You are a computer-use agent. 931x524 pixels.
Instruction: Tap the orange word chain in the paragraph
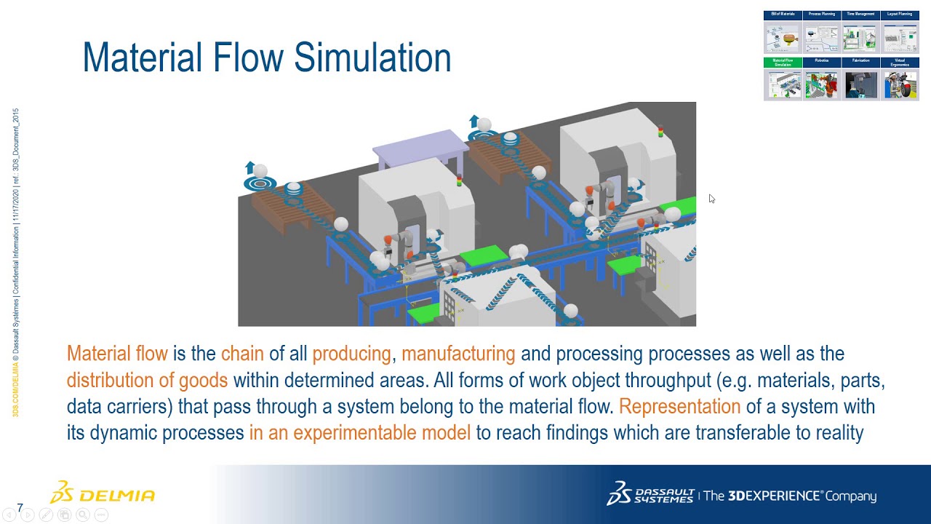point(242,354)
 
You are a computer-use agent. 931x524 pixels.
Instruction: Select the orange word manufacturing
point(458,354)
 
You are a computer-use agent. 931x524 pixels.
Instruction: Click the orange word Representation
point(679,406)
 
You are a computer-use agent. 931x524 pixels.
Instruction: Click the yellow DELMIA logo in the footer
point(103,494)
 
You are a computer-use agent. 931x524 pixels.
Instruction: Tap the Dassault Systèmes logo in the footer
point(650,494)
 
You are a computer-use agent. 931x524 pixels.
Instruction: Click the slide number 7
point(20,508)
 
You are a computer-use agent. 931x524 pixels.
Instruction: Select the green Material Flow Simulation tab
point(783,63)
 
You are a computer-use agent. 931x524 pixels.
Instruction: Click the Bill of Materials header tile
point(783,15)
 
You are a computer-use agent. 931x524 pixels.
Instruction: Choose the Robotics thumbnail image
point(822,84)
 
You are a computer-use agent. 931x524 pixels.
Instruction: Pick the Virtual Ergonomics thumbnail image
point(900,84)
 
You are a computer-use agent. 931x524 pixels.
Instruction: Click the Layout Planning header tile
point(900,15)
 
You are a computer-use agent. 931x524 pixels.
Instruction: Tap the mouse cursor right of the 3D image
point(711,199)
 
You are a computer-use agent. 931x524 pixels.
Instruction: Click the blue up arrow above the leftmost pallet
point(250,167)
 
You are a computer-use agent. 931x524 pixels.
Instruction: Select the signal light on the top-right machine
point(660,132)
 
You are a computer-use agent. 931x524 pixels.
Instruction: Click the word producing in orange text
point(351,354)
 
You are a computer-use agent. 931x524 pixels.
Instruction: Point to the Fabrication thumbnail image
point(860,84)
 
